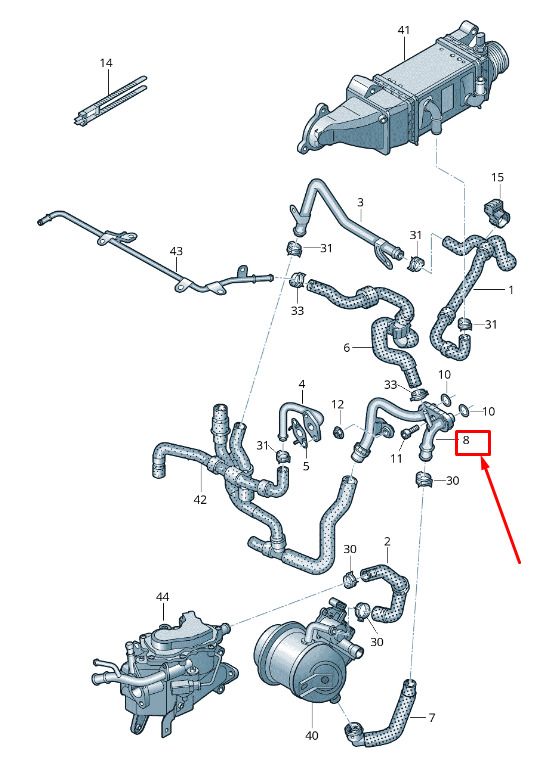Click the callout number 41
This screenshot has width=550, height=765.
point(404,30)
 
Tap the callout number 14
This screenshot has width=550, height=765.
point(106,63)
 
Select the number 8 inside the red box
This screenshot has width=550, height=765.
point(466,440)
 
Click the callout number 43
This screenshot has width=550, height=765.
point(176,251)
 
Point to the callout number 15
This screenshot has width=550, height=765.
point(497,177)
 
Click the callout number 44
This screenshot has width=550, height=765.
point(163,597)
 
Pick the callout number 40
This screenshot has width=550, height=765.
point(311,735)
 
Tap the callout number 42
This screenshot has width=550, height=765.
point(200,500)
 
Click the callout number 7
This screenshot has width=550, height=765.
point(431,717)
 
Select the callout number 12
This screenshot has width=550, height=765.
point(338,404)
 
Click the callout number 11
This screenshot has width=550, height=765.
point(396,459)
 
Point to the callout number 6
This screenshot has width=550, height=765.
point(346,347)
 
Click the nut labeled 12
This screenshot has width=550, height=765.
point(337,431)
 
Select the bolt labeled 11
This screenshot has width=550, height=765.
point(410,431)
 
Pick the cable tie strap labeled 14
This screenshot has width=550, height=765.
point(110,102)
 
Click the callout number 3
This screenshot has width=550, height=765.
point(360,202)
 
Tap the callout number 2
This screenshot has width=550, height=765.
point(387,541)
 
